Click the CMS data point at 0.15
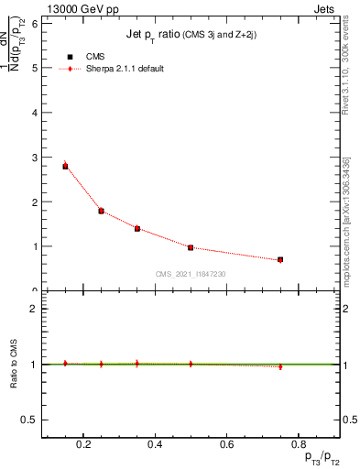(x=65, y=166)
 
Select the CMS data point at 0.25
(x=101, y=211)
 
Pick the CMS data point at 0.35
(x=136, y=228)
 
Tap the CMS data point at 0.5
(x=191, y=247)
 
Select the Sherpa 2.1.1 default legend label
(x=126, y=69)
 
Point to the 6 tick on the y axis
(x=42, y=23)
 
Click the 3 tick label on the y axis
(x=34, y=158)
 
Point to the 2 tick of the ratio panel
(x=34, y=309)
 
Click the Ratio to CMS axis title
(x=15, y=364)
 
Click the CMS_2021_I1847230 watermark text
(x=191, y=274)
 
